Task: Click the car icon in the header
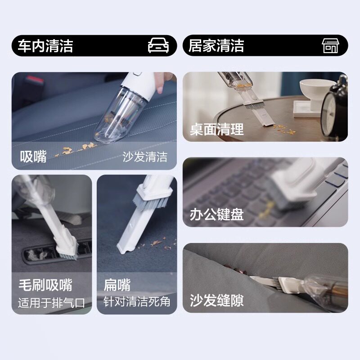coord(158,45)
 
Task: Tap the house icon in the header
coord(330,45)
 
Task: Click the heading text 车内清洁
coord(45,46)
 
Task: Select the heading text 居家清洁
coord(216,45)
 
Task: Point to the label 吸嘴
coord(33,157)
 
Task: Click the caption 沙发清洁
coord(145,157)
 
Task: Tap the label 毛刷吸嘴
coord(45,285)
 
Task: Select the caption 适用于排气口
coord(52,302)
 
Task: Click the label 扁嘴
coord(117,285)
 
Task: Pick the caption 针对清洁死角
coord(137,301)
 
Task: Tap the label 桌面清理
coord(217,129)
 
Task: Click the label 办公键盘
coord(217,215)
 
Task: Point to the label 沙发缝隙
coord(217,300)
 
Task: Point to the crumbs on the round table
coord(284,130)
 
